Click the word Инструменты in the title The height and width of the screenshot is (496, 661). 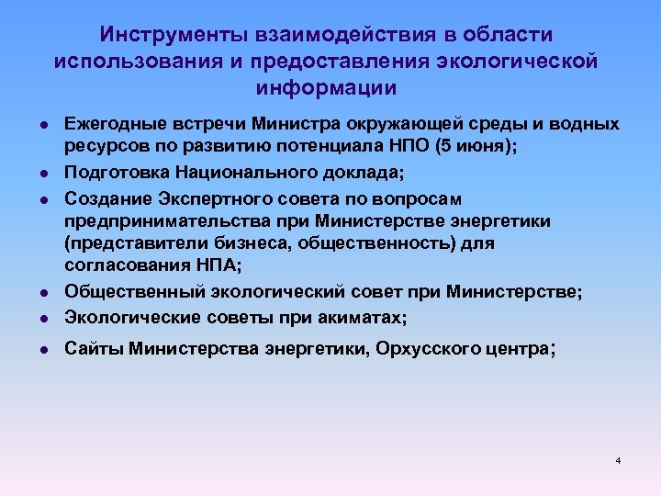click(162, 35)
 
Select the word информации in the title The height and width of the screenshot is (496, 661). click(327, 88)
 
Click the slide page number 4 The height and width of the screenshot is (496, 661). click(619, 459)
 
